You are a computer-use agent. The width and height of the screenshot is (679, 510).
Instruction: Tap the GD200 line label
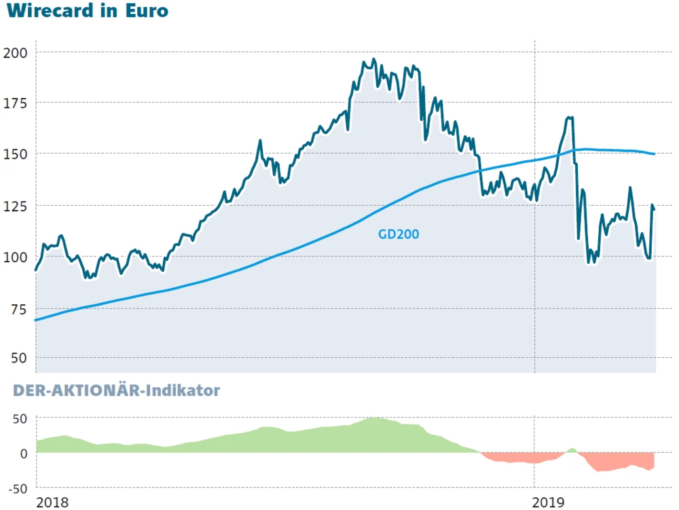399,234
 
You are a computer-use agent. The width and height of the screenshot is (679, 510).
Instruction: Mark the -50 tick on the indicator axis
17,488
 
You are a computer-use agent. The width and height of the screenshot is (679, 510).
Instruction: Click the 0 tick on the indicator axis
24,453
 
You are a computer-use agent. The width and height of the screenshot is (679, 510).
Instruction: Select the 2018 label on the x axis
53,502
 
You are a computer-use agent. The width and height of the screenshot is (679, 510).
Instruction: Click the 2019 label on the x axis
549,502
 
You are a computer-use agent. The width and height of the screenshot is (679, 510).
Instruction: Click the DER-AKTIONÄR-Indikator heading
113,390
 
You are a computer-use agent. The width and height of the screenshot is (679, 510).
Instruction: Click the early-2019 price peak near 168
570,117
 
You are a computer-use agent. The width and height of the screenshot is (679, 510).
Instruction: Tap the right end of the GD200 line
654,154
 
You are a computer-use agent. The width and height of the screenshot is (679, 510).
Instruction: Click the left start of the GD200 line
36,319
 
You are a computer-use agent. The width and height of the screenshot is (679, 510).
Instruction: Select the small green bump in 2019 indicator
572,450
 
